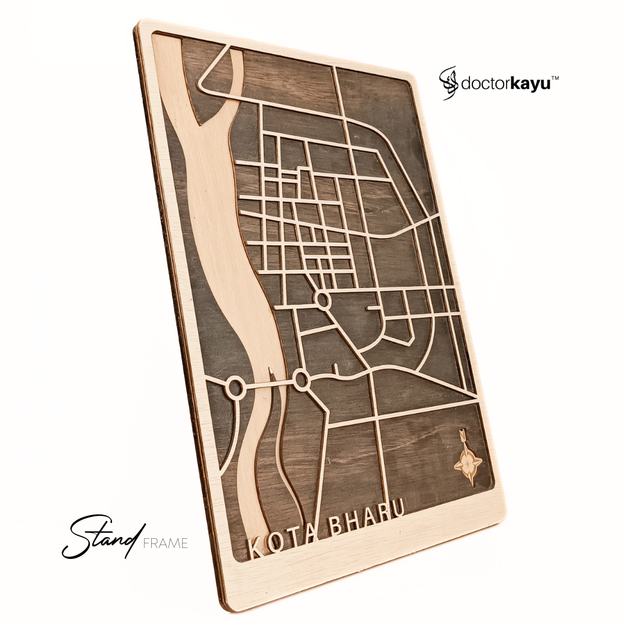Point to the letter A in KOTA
[x=315, y=531]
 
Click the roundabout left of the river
[x=236, y=387]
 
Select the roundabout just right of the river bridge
[x=301, y=379]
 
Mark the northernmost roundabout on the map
[x=323, y=299]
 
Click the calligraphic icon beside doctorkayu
[x=449, y=82]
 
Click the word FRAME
[x=167, y=543]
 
